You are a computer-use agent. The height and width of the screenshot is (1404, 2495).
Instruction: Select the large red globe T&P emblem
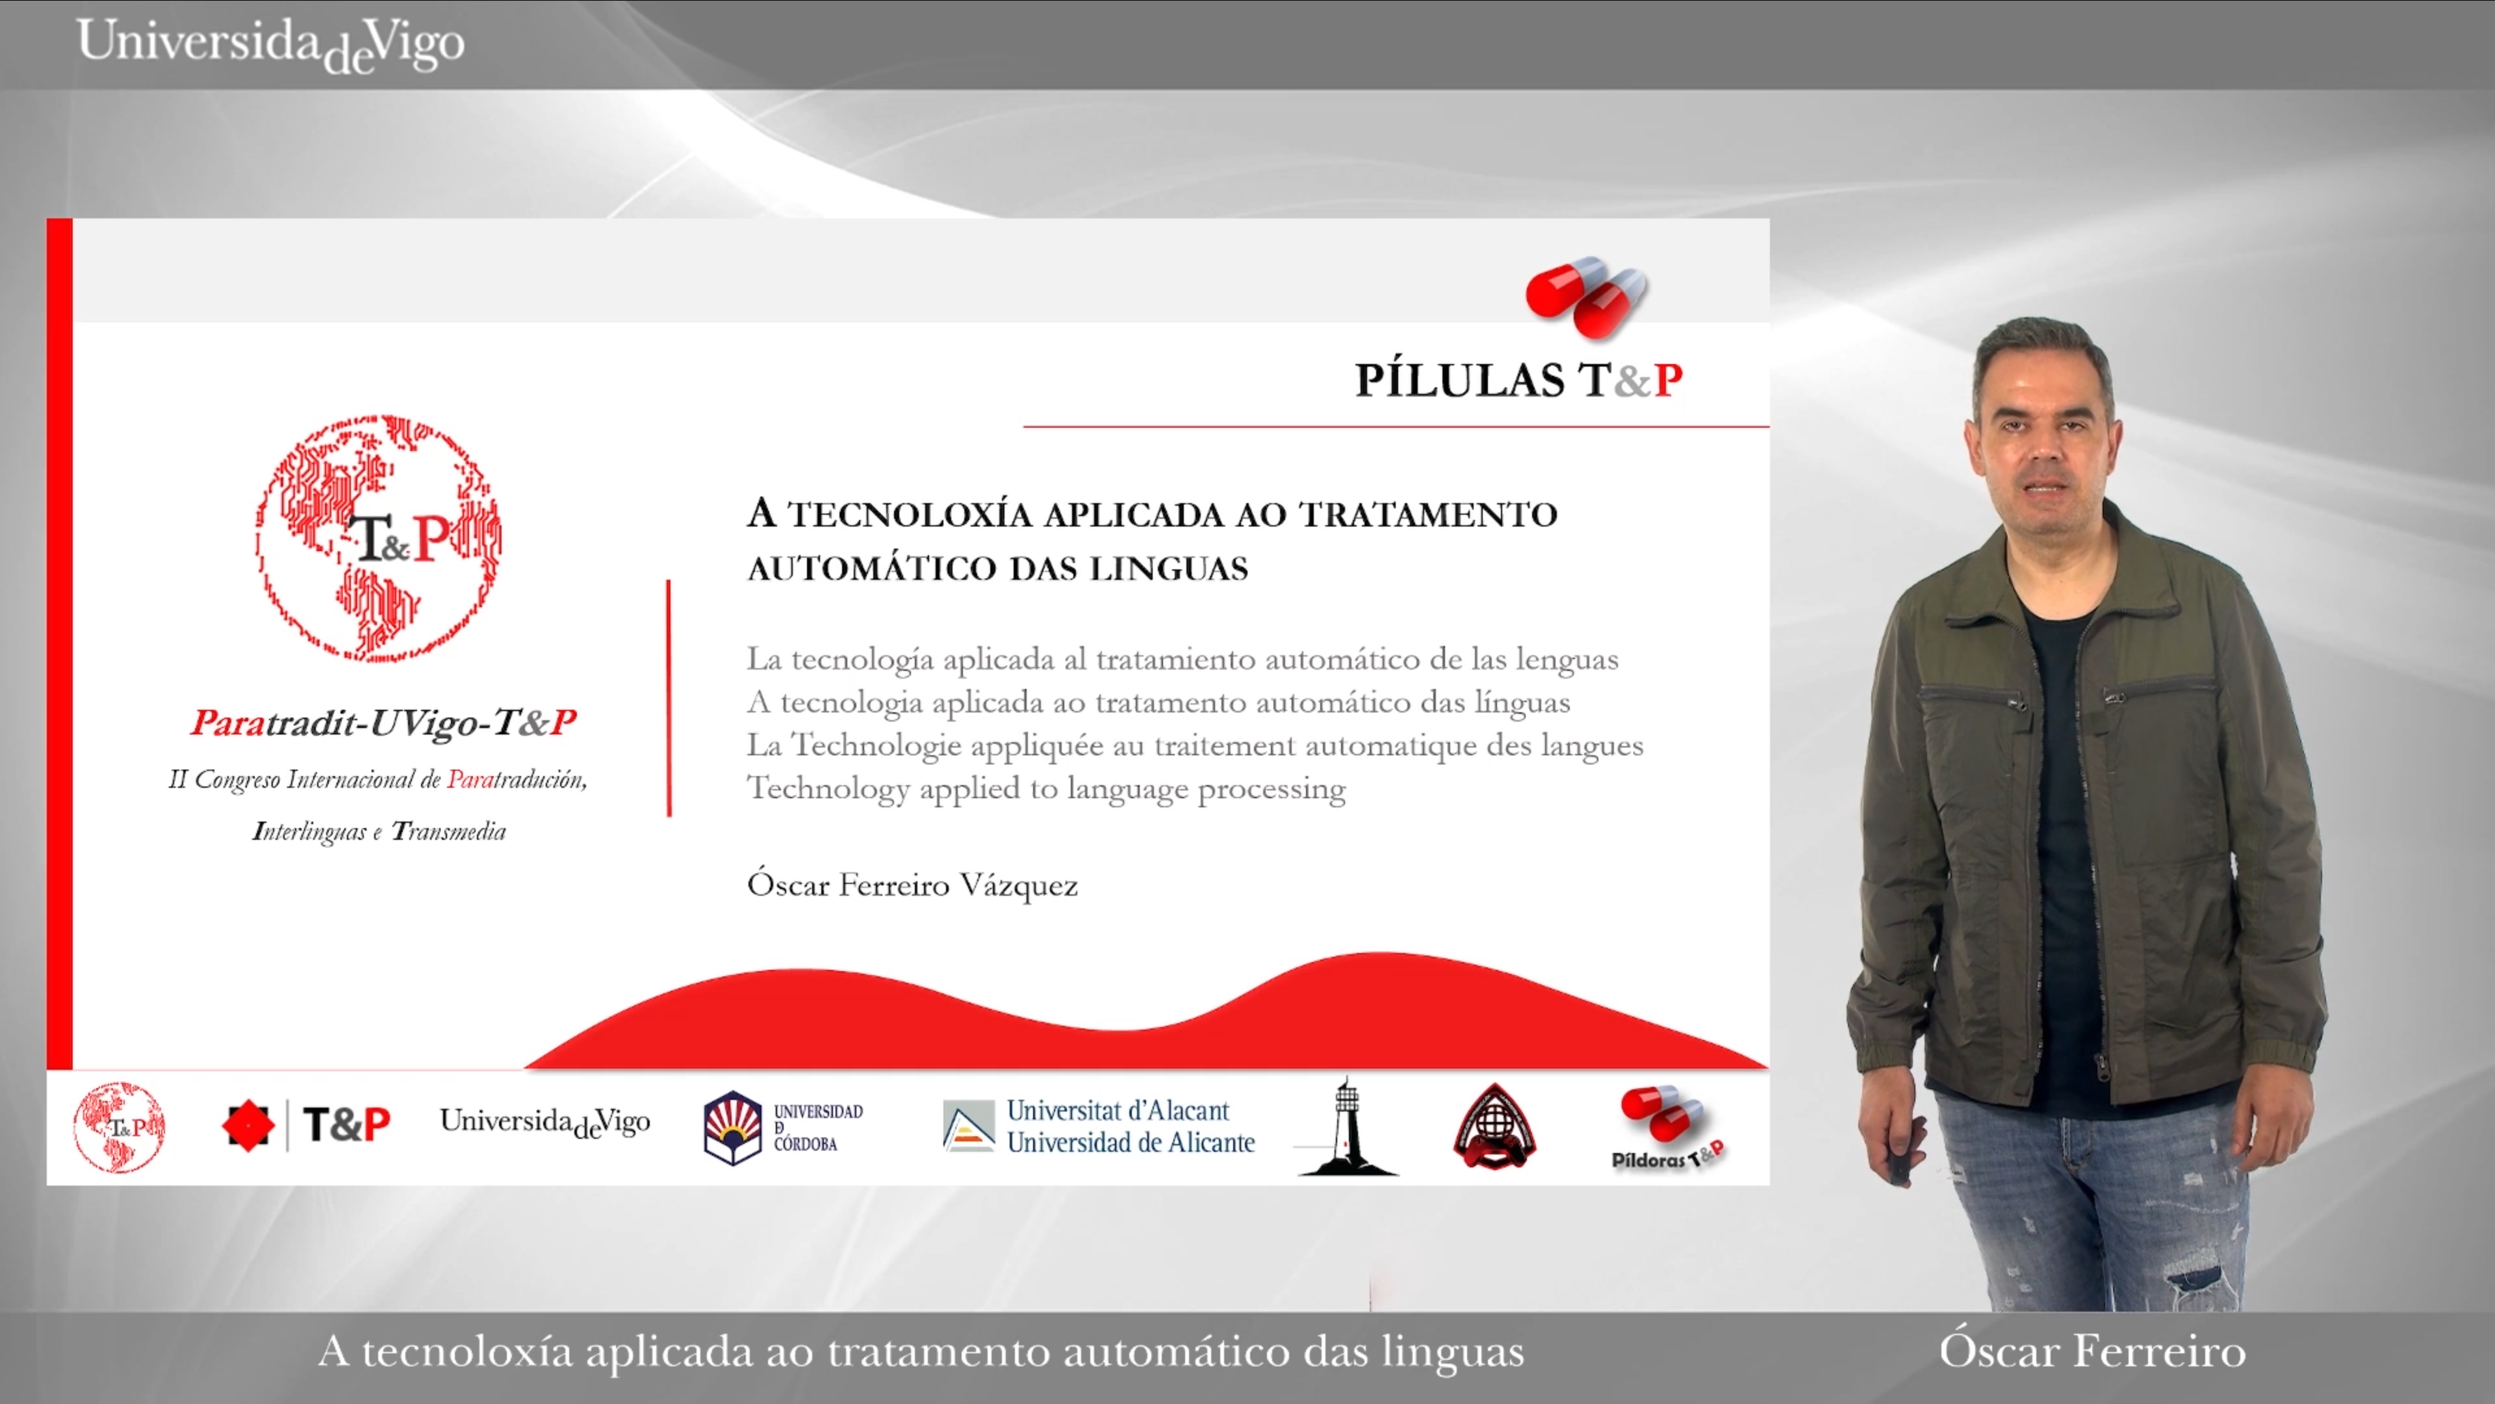click(379, 539)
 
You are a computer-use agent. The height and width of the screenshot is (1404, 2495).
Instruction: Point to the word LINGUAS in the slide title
click(1168, 569)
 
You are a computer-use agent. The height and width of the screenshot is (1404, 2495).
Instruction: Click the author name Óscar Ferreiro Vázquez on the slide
click(912, 885)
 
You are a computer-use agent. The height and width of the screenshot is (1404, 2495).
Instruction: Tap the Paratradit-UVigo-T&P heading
click(383, 723)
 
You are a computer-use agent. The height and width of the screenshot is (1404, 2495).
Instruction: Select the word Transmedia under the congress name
click(448, 831)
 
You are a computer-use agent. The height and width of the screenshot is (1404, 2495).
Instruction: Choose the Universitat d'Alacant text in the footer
click(1118, 1110)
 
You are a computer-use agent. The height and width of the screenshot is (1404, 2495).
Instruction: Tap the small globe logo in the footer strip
click(119, 1127)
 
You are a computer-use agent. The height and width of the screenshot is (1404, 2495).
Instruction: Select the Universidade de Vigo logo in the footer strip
click(545, 1123)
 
